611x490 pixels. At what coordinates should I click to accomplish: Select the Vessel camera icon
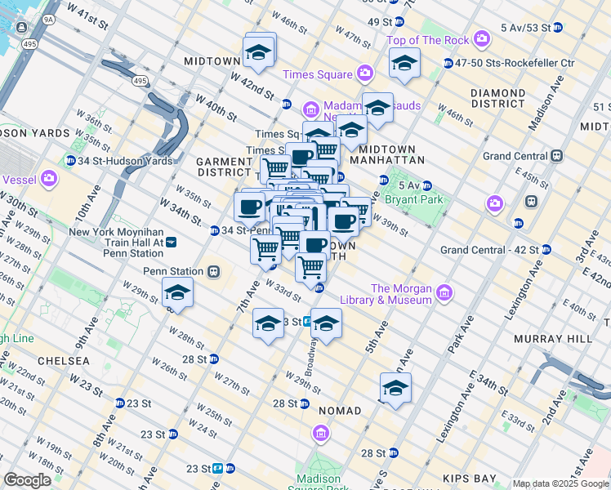click(x=49, y=177)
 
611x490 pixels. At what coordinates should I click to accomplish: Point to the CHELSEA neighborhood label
click(x=64, y=361)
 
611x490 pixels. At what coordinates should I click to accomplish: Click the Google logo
click(x=28, y=480)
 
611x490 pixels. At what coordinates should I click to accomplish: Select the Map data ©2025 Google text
click(x=560, y=483)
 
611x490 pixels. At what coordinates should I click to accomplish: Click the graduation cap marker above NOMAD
click(x=395, y=388)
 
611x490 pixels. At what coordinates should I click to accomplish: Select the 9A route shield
click(x=48, y=18)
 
